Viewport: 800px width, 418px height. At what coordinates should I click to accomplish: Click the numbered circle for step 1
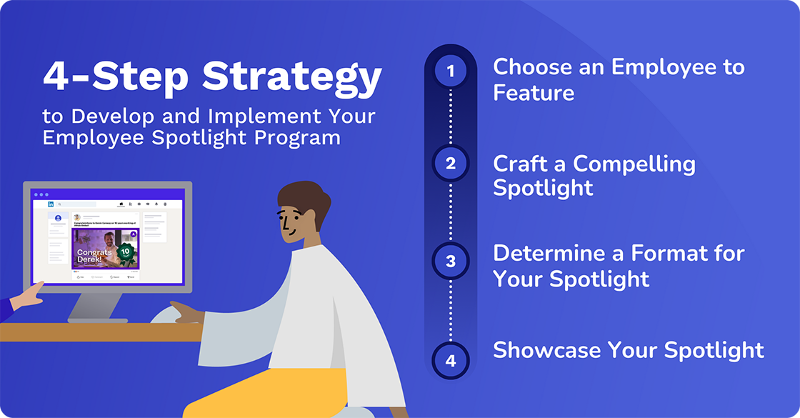(450, 71)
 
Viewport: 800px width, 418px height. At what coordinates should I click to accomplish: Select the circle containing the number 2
(450, 164)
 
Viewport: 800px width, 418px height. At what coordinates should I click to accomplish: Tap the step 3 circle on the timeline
(450, 261)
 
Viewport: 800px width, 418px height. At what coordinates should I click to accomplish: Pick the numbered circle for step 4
(450, 361)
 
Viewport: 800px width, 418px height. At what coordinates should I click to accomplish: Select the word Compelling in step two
(634, 164)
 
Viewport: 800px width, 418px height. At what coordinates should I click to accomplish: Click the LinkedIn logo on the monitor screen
(51, 204)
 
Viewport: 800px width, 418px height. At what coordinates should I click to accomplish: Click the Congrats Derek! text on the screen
(94, 257)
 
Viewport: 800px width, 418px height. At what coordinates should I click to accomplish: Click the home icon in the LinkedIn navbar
(121, 204)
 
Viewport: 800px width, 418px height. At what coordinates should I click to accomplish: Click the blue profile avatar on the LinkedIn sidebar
(58, 218)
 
